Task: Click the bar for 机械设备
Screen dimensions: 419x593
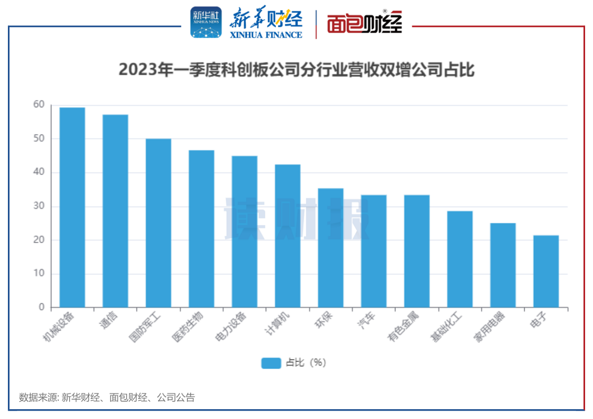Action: pos(72,208)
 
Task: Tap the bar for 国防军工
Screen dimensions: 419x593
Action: pos(158,223)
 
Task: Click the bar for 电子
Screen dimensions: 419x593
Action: pos(546,271)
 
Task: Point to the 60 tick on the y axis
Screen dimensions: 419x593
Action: pos(39,105)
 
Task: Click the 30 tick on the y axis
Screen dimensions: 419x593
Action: pos(39,206)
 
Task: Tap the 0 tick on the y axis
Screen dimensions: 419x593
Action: pos(42,307)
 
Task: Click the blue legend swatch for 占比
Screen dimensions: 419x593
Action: pos(271,363)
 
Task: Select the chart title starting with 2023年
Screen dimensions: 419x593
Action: pos(296,70)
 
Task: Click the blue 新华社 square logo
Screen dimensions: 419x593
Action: pos(206,23)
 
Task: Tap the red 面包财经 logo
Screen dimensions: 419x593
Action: pos(365,23)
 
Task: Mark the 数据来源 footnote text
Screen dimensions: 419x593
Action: pos(107,397)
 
